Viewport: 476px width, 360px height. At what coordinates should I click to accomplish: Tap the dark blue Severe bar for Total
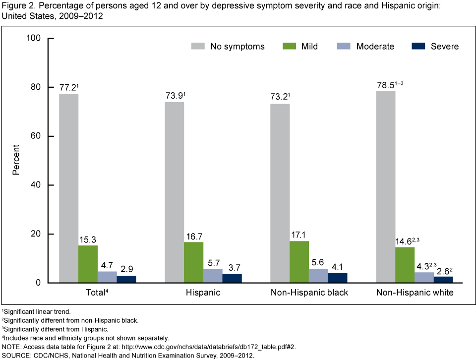tap(126, 279)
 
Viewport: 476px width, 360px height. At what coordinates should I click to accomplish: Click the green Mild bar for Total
tap(88, 264)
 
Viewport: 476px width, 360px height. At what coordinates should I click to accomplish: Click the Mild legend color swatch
tap(290, 46)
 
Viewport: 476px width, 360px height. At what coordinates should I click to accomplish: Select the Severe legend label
tap(445, 46)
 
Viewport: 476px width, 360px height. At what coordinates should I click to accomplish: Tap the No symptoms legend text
tap(238, 46)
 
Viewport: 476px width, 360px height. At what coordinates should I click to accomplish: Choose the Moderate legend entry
tap(375, 46)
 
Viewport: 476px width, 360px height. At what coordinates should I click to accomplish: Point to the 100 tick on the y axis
tap(40, 38)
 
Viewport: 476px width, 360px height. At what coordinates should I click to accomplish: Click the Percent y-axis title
tap(16, 160)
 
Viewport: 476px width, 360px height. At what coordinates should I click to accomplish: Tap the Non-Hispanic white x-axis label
tap(414, 293)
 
